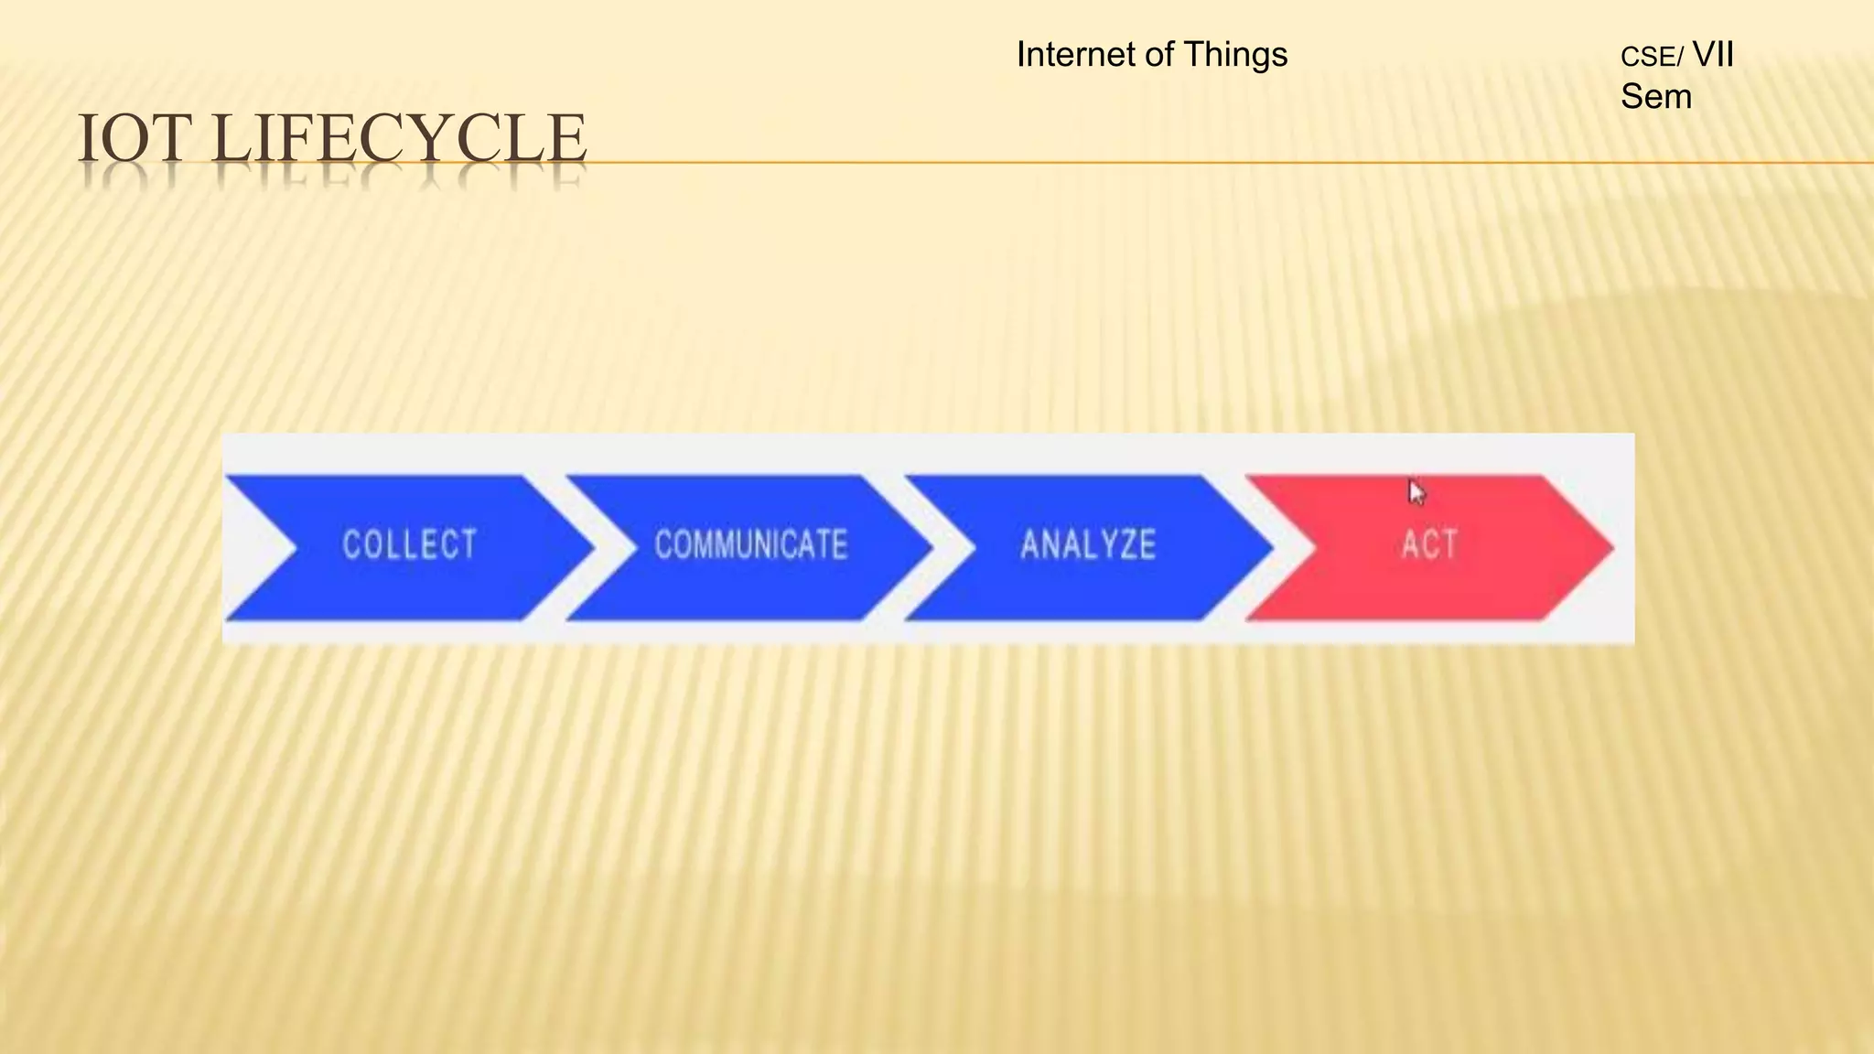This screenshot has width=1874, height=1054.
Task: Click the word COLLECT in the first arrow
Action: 409,544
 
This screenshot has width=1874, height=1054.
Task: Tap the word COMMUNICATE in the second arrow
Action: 750,544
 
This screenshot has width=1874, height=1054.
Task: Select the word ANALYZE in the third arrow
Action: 1088,544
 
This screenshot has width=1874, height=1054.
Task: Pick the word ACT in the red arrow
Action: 1428,544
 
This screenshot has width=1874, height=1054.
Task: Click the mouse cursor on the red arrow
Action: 1416,492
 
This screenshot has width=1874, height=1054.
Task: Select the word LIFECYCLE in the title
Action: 398,139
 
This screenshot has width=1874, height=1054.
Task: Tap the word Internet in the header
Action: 1075,55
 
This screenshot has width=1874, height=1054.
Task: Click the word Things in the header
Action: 1235,55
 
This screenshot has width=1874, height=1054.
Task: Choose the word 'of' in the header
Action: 1158,55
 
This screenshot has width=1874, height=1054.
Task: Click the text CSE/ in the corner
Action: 1651,58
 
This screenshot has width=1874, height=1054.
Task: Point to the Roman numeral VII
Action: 1713,55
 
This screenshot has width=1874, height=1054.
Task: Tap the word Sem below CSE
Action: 1655,97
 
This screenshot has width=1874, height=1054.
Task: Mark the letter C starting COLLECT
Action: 351,544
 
